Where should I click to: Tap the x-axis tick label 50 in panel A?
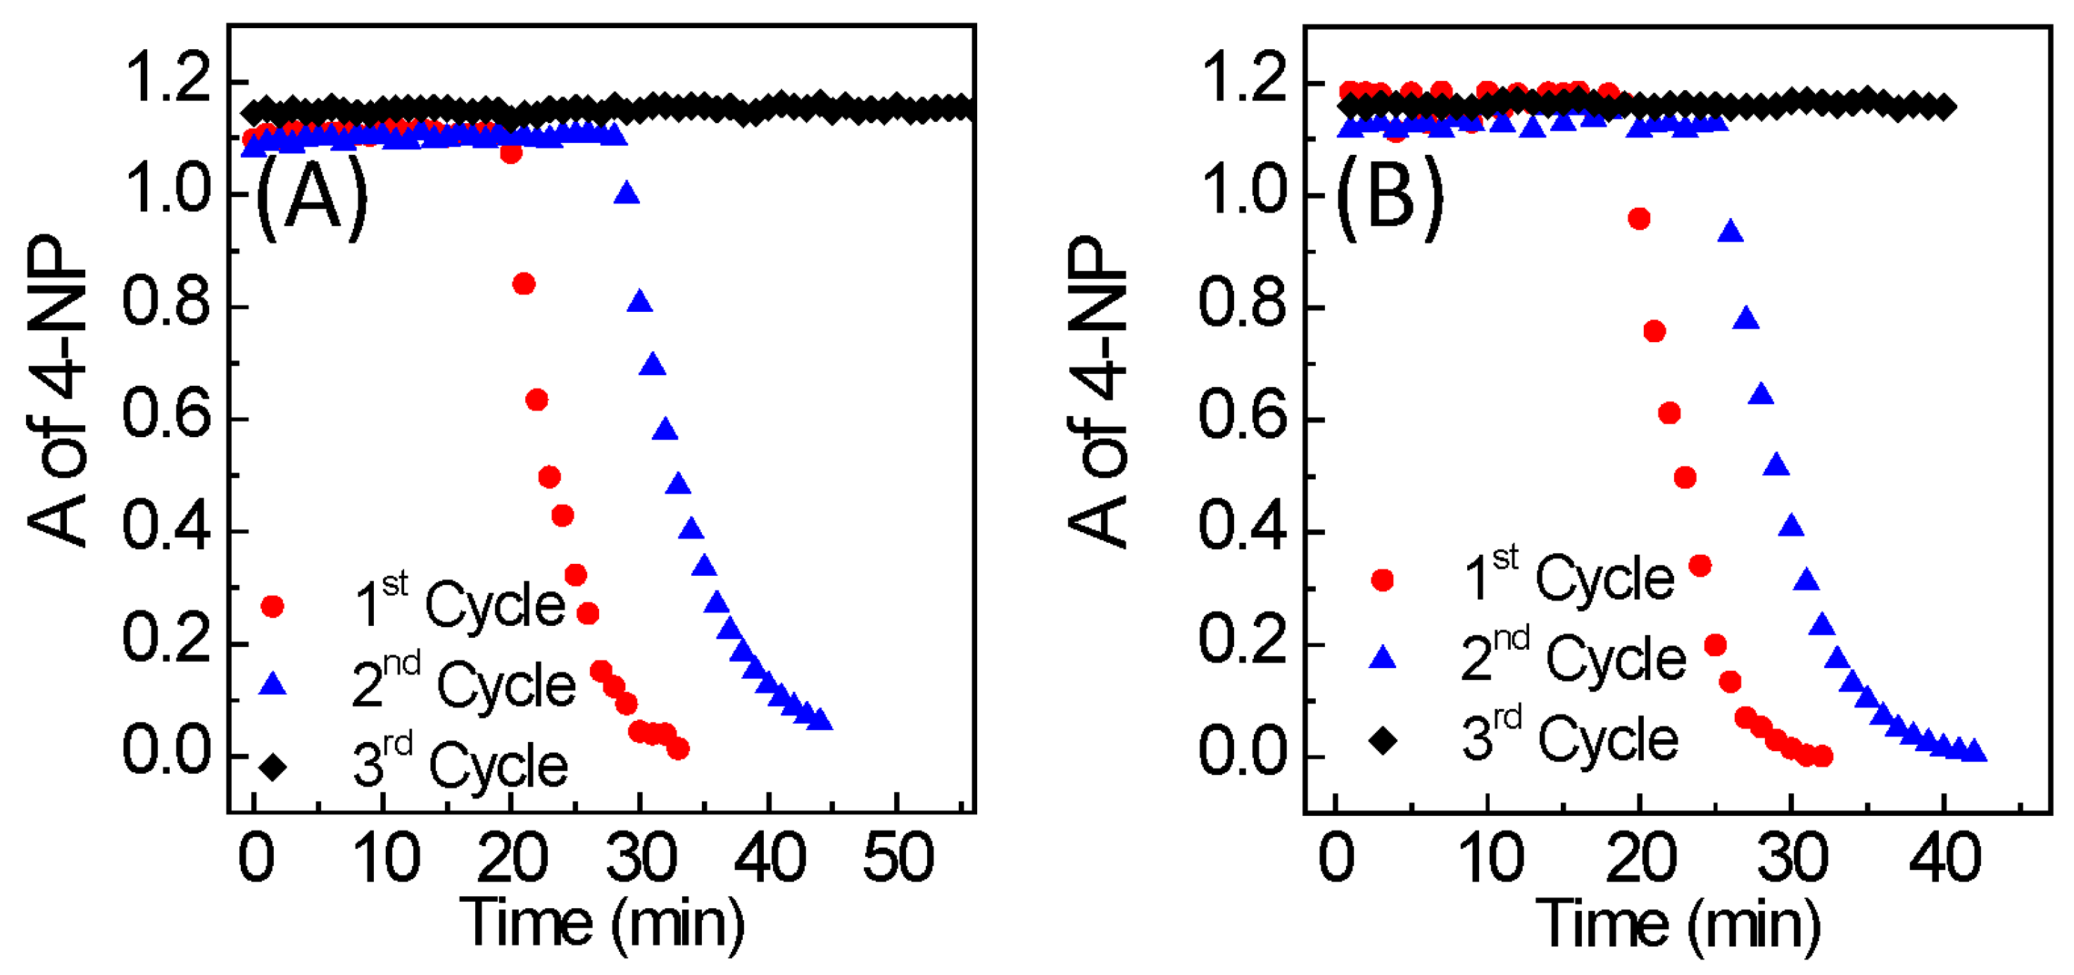[x=898, y=858]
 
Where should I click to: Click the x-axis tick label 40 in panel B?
[x=1945, y=858]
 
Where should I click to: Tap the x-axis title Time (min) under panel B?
[x=1678, y=924]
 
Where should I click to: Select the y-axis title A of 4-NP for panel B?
[x=1098, y=393]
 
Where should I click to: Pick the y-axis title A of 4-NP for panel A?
[x=56, y=391]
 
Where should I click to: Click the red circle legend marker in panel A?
[x=273, y=606]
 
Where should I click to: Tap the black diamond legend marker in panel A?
[x=273, y=767]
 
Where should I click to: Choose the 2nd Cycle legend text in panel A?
[x=465, y=684]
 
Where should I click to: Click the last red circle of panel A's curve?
[x=679, y=749]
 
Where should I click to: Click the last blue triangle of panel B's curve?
[x=1974, y=753]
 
